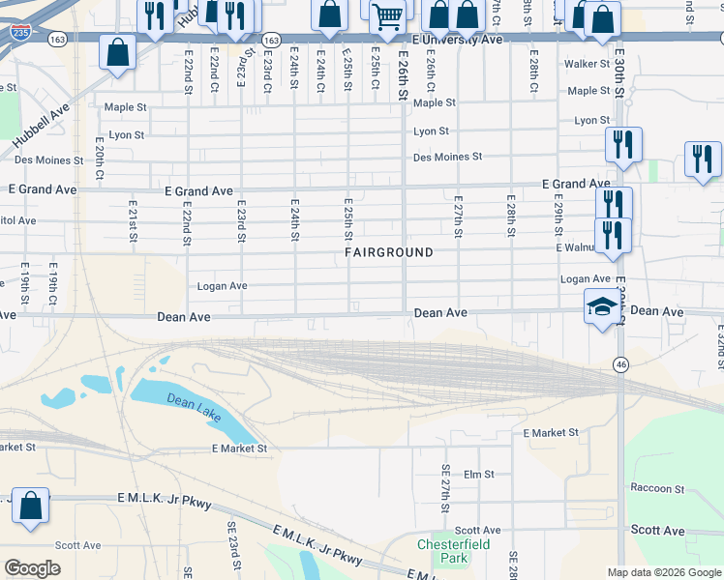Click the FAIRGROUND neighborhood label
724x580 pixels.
tap(388, 252)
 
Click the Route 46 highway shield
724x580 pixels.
tap(619, 363)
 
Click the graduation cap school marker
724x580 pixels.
tap(602, 308)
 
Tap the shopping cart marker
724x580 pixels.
tap(387, 17)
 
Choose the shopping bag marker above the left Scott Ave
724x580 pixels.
tap(30, 507)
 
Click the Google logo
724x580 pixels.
tap(34, 567)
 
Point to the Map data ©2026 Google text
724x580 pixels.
tap(663, 572)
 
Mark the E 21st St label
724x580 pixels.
tap(133, 220)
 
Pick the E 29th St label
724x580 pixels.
tap(558, 217)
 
